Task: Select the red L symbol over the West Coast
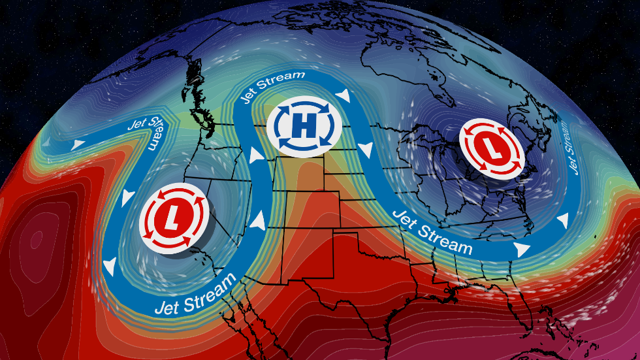point(173,218)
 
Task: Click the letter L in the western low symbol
point(173,218)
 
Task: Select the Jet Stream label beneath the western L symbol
point(196,293)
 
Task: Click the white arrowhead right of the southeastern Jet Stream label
point(521,250)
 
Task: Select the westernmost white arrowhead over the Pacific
point(79,143)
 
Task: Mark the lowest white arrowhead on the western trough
point(111,265)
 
